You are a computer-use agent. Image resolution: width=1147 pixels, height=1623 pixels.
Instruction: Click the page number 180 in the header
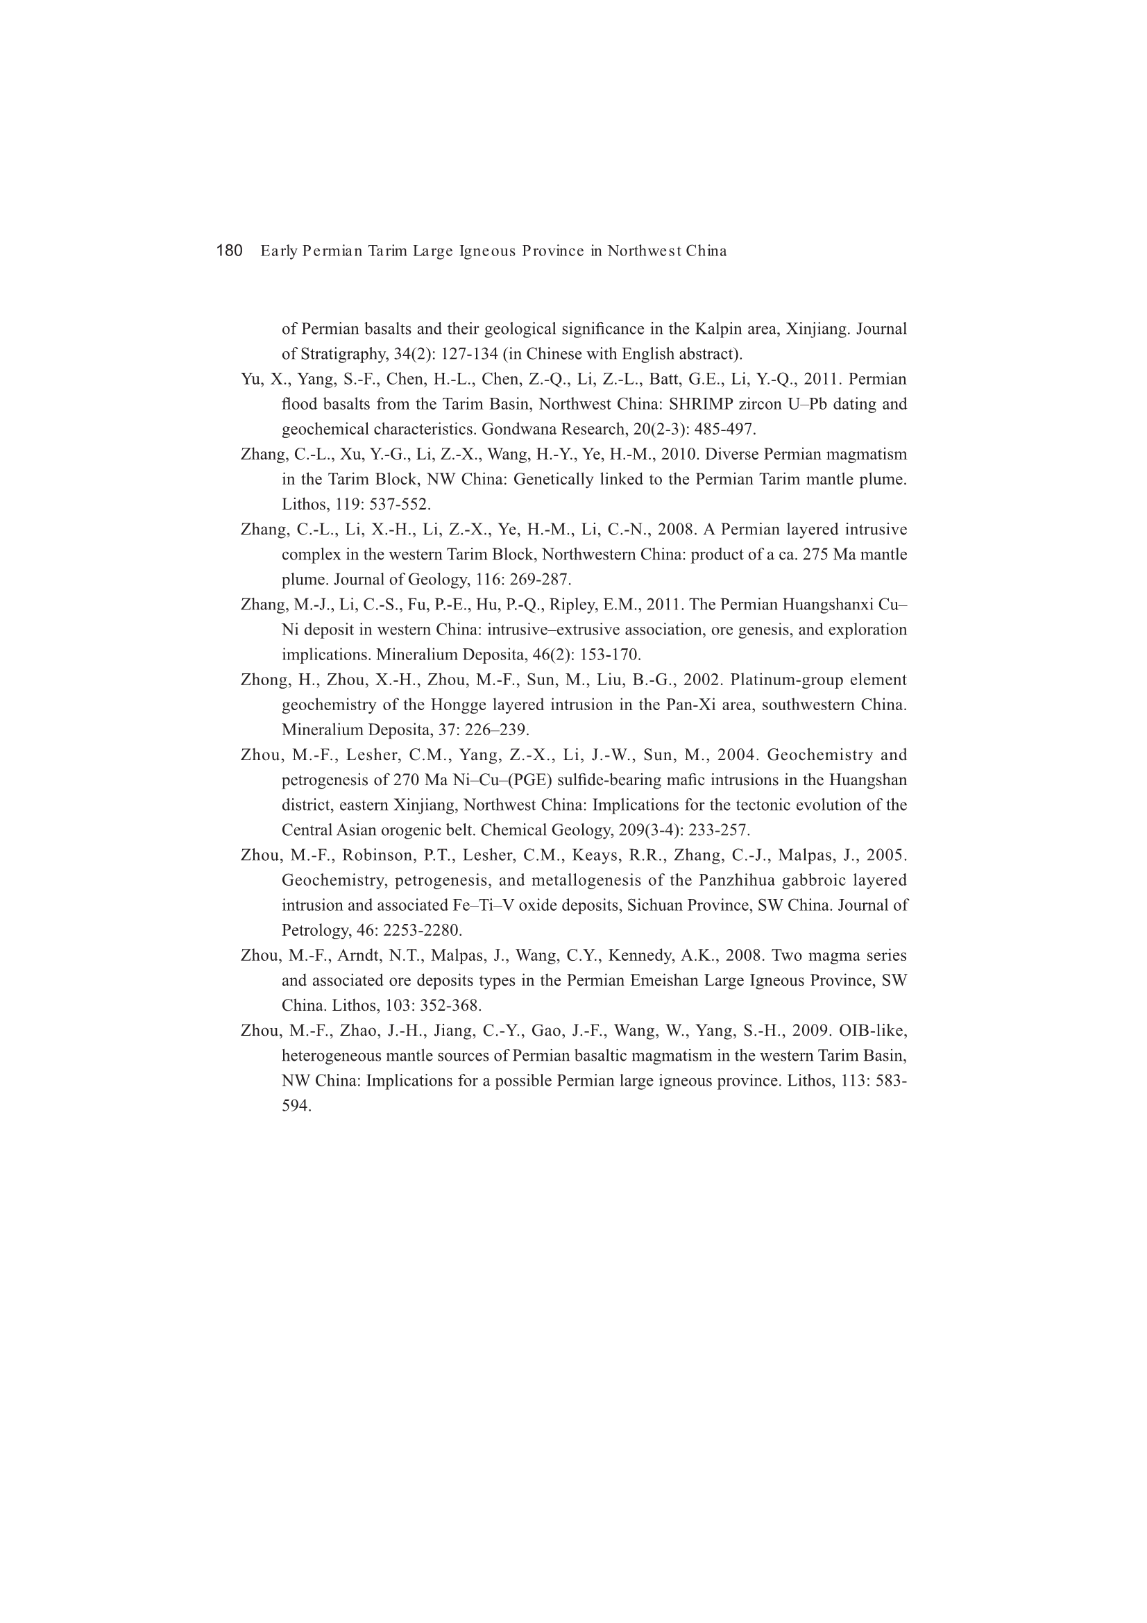click(x=229, y=251)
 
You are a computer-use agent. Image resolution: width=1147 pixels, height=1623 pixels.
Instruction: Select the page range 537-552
click(x=400, y=505)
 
